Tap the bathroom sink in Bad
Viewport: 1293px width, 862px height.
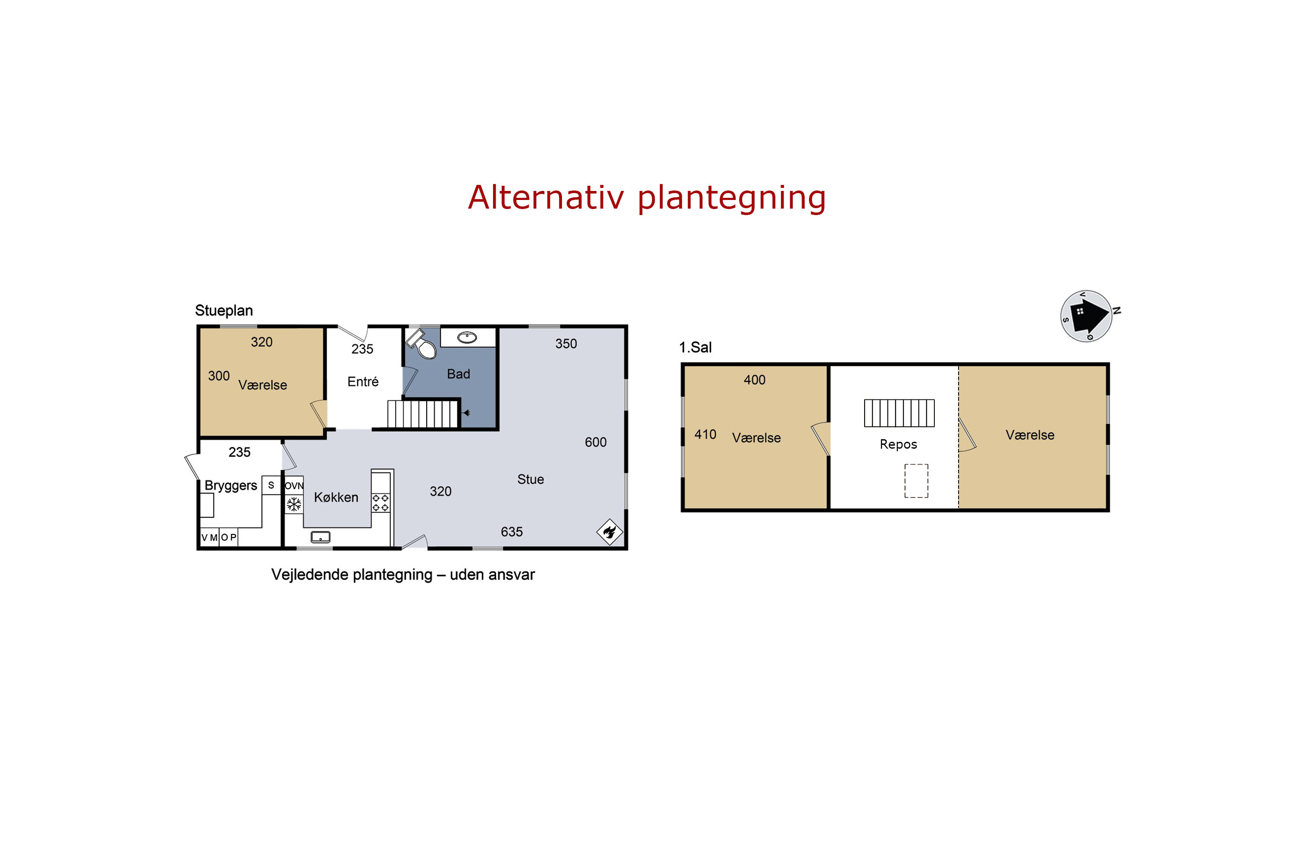pyautogui.click(x=467, y=337)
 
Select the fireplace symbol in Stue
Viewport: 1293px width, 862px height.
pyautogui.click(x=610, y=531)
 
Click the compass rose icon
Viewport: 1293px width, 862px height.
pyautogui.click(x=1087, y=316)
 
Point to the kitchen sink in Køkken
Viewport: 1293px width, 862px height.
pyautogui.click(x=321, y=537)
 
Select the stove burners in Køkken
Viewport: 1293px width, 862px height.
pyautogui.click(x=381, y=503)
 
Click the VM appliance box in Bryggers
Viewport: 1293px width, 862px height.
pyautogui.click(x=209, y=537)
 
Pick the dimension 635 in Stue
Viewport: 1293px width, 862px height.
pyautogui.click(x=512, y=531)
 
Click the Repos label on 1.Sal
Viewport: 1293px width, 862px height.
pyautogui.click(x=898, y=444)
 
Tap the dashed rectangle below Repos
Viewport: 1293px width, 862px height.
pyautogui.click(x=916, y=481)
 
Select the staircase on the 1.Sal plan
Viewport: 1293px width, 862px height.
pyautogui.click(x=899, y=413)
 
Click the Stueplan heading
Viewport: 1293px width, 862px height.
pyautogui.click(x=224, y=311)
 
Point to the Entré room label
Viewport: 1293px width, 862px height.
pyautogui.click(x=363, y=381)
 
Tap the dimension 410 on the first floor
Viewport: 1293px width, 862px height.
pyautogui.click(x=705, y=434)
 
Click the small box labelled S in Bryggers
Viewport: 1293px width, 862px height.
pyautogui.click(x=271, y=485)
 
